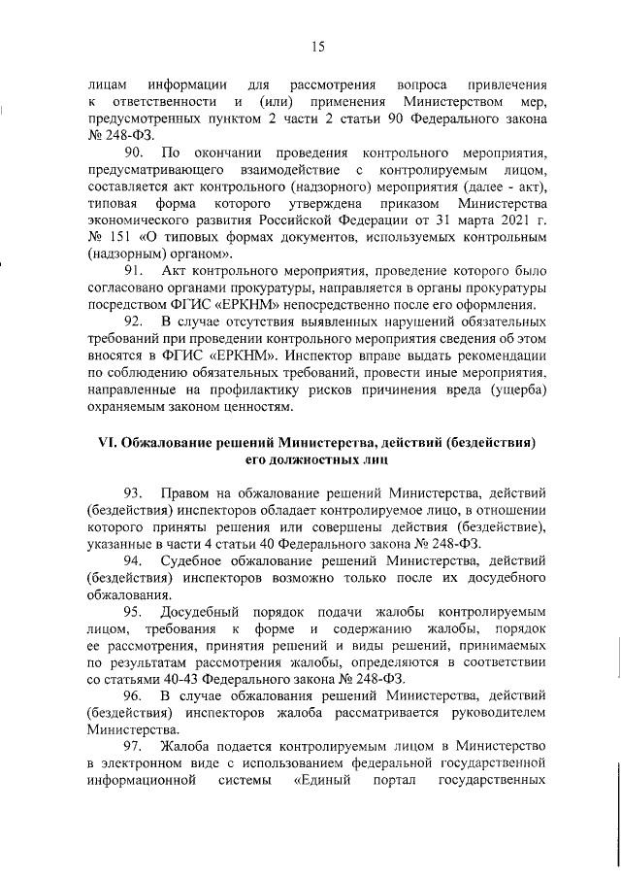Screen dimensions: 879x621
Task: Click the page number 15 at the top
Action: pos(317,47)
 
